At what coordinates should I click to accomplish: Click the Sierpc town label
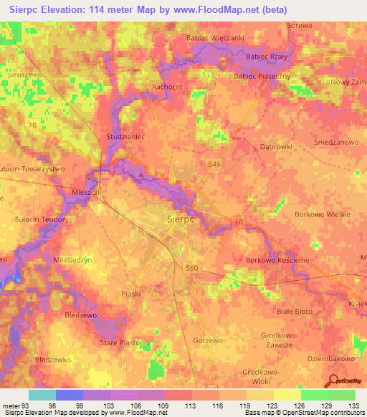[180, 219]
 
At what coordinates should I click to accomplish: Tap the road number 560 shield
[192, 268]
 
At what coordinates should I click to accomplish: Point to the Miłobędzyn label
[73, 261]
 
